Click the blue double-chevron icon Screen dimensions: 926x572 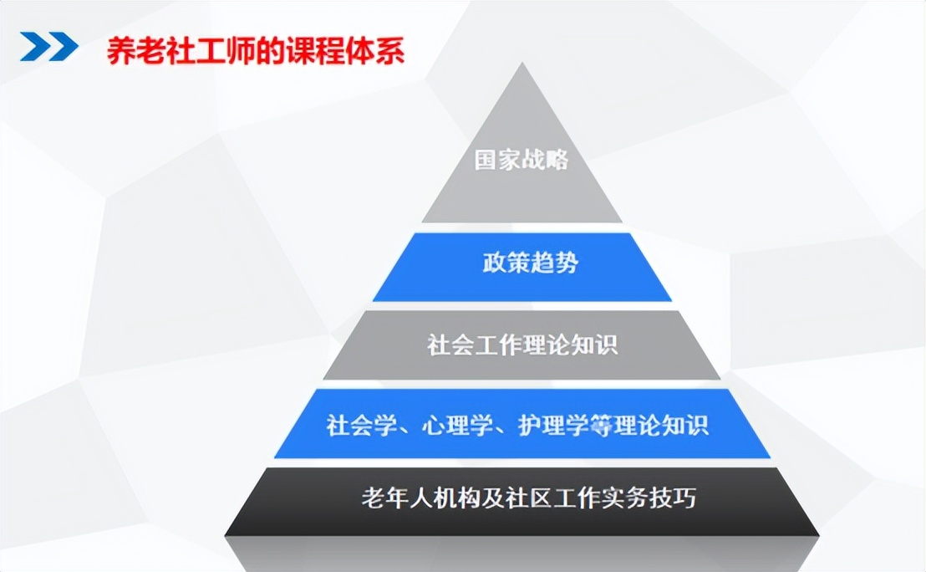pyautogui.click(x=49, y=47)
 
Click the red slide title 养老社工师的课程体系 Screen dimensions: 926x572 pyautogui.click(x=256, y=51)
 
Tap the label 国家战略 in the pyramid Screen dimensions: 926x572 pyautogui.click(x=522, y=160)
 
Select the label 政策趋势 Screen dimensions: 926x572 pyautogui.click(x=531, y=263)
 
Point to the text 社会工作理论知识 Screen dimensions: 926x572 pyautogui.click(x=522, y=345)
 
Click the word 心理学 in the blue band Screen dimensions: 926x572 pyautogui.click(x=457, y=425)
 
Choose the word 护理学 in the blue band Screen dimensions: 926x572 pyautogui.click(x=553, y=425)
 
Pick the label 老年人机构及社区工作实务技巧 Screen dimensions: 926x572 pyautogui.click(x=528, y=498)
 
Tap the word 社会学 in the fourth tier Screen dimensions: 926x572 pyautogui.click(x=361, y=425)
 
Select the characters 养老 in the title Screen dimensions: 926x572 pyautogui.click(x=136, y=51)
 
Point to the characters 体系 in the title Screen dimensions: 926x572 pyautogui.click(x=375, y=51)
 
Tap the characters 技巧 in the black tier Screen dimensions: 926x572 pyautogui.click(x=674, y=498)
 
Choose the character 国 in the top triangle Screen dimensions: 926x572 pyautogui.click(x=486, y=160)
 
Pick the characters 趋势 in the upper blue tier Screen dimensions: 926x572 pyautogui.click(x=555, y=263)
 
